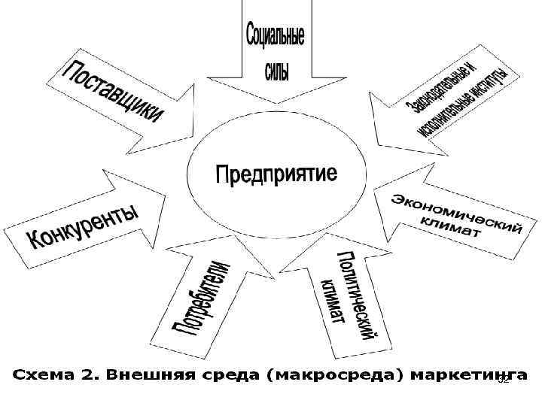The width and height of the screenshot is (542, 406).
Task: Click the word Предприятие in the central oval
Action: point(276,174)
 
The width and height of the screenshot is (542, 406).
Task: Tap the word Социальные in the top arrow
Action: point(276,35)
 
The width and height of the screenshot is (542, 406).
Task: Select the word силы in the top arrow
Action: point(276,71)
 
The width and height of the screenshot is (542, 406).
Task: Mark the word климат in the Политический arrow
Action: point(332,301)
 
